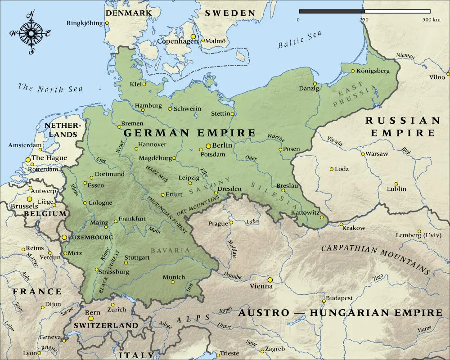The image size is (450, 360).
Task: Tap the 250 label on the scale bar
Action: [x=364, y=20]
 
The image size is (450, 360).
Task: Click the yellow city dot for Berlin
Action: [x=208, y=146]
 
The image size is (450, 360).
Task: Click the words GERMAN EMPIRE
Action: [x=189, y=133]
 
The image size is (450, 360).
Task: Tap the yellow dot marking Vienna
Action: [x=270, y=279]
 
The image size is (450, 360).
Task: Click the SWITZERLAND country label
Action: [x=106, y=325]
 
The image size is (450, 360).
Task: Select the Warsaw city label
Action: [x=377, y=153]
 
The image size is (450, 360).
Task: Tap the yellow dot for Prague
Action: [x=231, y=222]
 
